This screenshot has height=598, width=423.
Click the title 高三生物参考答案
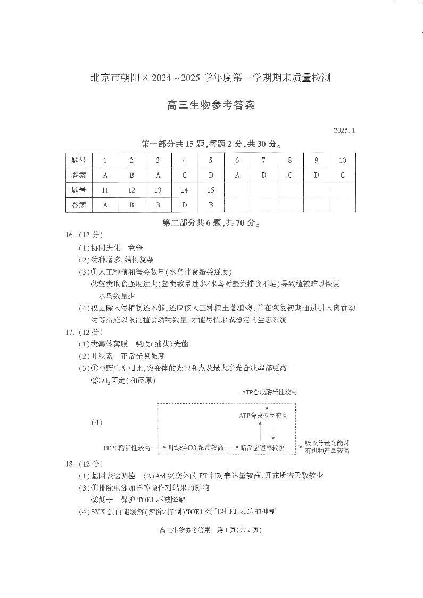(211, 105)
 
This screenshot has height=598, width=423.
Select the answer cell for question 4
(184, 175)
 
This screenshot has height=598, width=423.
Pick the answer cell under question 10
(342, 175)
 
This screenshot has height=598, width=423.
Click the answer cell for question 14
(184, 204)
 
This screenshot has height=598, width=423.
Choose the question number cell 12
(131, 190)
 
